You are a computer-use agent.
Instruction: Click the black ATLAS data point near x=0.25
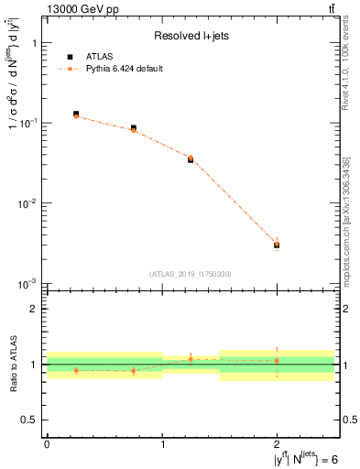coord(75,114)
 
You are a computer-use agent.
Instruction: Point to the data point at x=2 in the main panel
coord(277,245)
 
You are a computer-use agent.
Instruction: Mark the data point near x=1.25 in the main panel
coord(191,158)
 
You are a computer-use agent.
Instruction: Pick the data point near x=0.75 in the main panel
coord(134,128)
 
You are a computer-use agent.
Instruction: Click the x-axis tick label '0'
coord(47,444)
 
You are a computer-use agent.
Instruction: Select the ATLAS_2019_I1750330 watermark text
coord(191,274)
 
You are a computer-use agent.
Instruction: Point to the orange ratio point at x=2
coord(277,361)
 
